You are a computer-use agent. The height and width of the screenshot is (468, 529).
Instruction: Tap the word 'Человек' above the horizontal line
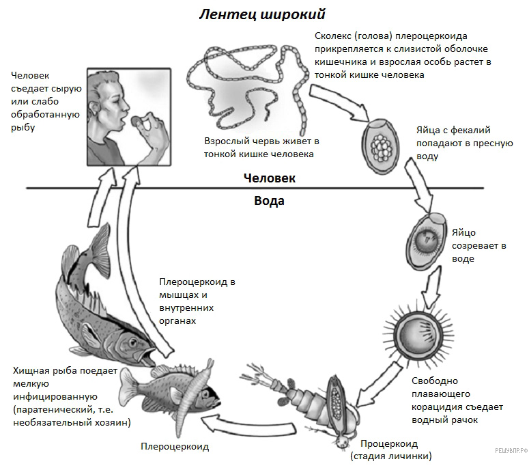(270, 178)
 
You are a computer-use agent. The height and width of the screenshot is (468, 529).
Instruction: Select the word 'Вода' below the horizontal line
(269, 201)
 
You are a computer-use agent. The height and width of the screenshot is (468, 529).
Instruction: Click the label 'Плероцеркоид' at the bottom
(175, 447)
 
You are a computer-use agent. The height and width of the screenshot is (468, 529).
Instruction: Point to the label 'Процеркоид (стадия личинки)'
(391, 450)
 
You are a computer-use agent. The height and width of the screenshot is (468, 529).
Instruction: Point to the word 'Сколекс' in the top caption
(334, 36)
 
